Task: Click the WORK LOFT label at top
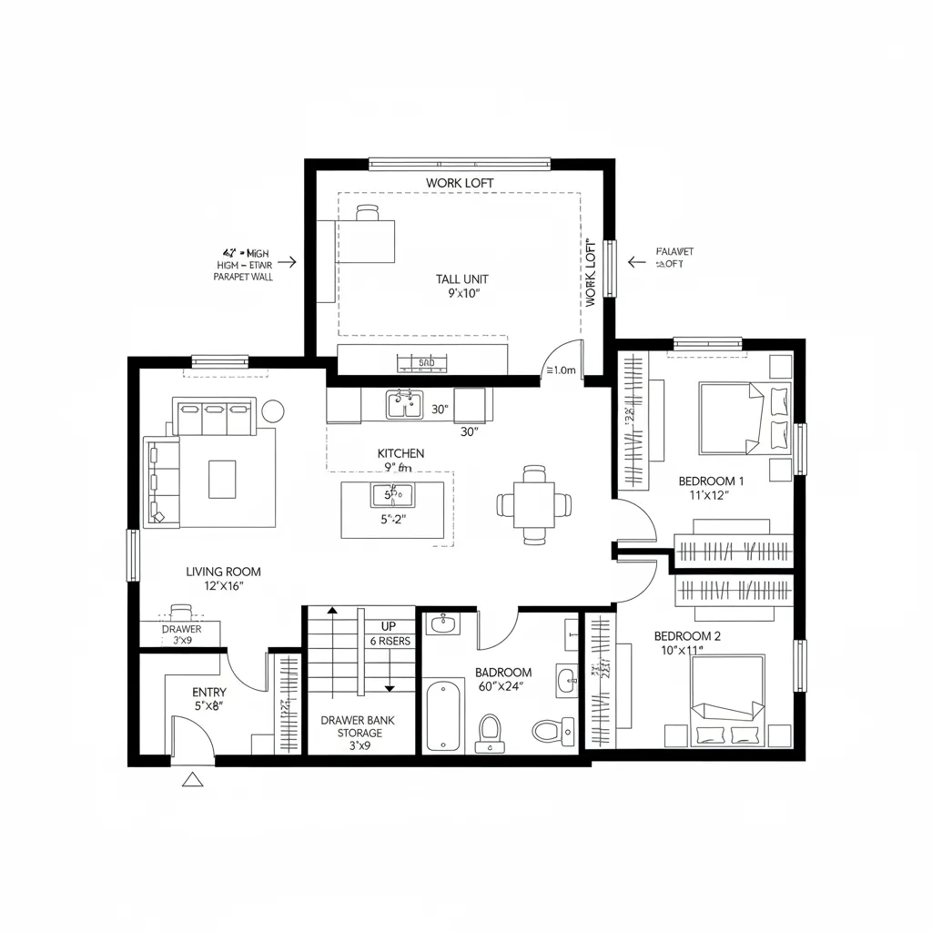point(460,183)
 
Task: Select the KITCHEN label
point(400,453)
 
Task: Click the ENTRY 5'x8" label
point(208,699)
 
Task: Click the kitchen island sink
point(392,496)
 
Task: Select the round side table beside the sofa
point(273,410)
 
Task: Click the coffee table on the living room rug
point(222,479)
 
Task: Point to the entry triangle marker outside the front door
point(193,779)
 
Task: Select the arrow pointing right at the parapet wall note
point(287,261)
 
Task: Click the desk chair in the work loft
point(368,212)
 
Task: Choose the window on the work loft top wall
point(460,165)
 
